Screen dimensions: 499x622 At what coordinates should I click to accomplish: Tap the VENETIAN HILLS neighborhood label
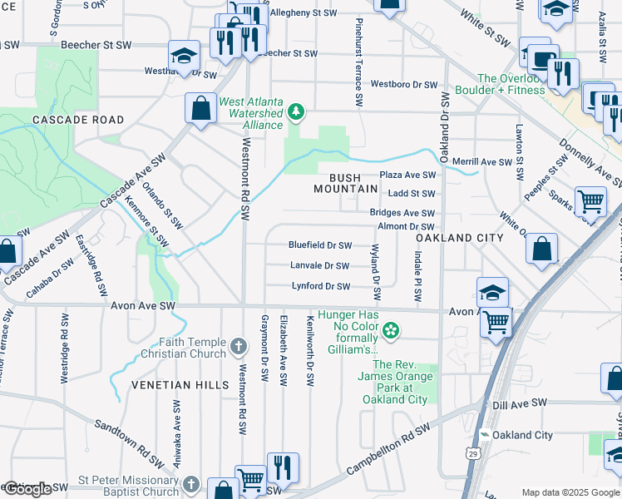[179, 385]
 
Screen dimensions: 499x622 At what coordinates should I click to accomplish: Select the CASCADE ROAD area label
[66, 120]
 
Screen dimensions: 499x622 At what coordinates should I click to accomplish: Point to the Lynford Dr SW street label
[320, 286]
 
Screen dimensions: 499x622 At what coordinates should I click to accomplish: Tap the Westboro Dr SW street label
[403, 85]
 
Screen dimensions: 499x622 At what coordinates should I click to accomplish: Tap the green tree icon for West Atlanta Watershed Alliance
[295, 112]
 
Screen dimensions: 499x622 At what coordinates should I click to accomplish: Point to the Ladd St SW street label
[412, 194]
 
